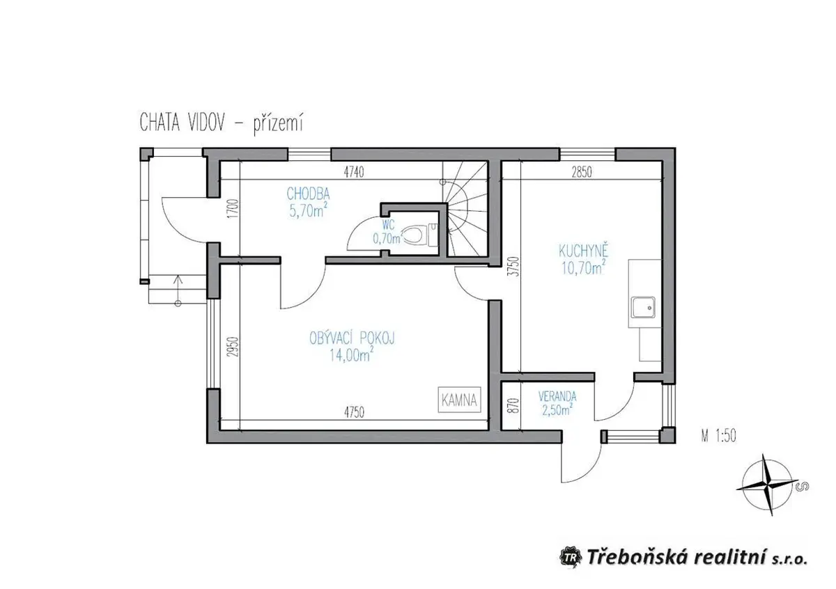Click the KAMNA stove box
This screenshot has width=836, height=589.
[x=459, y=400]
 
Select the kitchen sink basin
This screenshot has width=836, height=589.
[x=643, y=307]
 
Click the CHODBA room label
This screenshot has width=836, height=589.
[x=308, y=194]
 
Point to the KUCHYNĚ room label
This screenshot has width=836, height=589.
[x=583, y=251]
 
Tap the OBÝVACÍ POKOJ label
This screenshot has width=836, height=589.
[x=352, y=338]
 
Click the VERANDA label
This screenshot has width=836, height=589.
[x=557, y=395]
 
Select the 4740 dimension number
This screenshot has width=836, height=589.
[x=354, y=173]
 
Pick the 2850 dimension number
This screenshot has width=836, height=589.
[x=582, y=173]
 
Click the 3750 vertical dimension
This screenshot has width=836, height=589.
[x=515, y=267]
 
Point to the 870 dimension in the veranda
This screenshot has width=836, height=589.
[x=515, y=405]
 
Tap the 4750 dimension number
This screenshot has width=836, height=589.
[x=354, y=413]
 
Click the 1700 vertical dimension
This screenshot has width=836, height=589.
[x=233, y=209]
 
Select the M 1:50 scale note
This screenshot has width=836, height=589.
[x=719, y=436]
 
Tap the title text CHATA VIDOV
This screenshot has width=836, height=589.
[x=182, y=123]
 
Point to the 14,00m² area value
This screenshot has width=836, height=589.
[x=351, y=355]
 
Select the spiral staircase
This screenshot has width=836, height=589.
[x=466, y=209]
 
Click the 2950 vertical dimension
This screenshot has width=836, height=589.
[x=233, y=347]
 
